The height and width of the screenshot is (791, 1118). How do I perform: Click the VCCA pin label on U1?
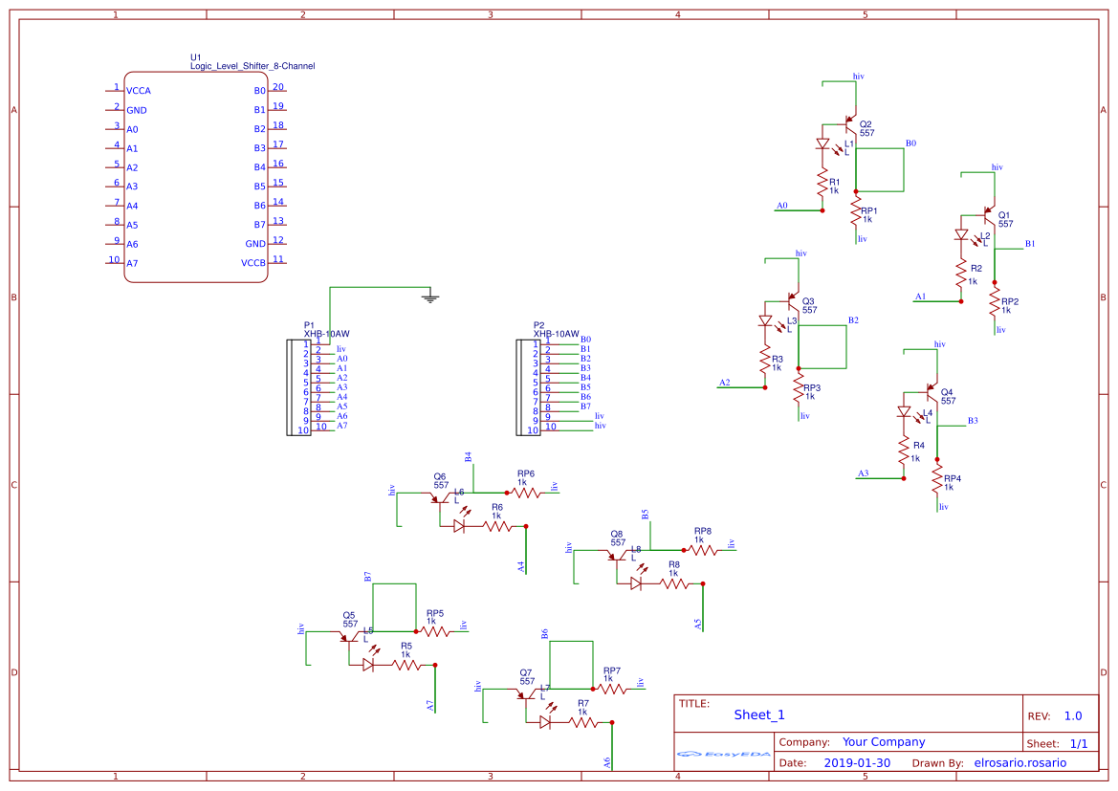(139, 91)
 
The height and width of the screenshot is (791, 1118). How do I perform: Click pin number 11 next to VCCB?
(278, 259)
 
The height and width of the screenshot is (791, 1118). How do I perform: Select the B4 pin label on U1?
(259, 167)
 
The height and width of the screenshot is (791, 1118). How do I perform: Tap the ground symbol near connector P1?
(430, 297)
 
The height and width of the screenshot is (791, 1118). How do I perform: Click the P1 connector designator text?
(309, 325)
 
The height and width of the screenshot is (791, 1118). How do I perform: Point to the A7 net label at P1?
(341, 426)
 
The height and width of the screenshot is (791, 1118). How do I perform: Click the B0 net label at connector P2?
(585, 340)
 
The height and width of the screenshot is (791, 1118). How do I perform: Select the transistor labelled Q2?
(850, 123)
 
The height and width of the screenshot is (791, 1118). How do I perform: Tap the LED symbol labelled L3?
(765, 321)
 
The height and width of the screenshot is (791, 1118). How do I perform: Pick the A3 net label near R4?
(864, 473)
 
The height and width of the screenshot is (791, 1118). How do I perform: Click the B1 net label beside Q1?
(1030, 244)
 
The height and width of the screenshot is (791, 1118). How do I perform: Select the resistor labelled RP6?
(525, 492)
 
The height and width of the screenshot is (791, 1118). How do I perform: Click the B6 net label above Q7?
(545, 634)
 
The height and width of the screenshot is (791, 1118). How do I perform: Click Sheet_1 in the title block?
(759, 714)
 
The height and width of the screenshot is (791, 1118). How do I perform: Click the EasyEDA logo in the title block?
(724, 754)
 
